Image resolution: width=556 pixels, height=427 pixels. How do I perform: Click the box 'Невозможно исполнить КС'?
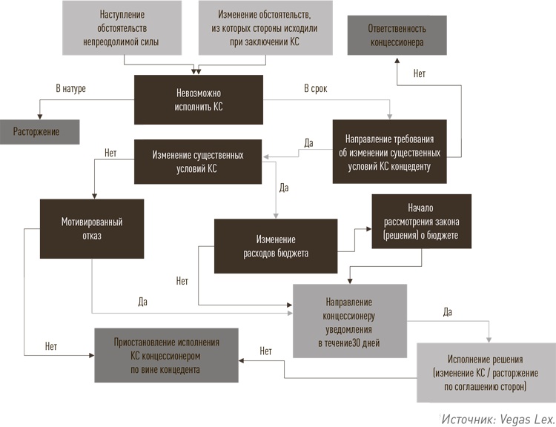[198, 99]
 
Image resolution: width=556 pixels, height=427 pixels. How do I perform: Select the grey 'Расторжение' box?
[36, 131]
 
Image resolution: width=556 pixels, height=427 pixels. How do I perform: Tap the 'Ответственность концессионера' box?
[397, 35]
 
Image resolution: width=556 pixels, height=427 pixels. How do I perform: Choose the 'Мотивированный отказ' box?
[92, 228]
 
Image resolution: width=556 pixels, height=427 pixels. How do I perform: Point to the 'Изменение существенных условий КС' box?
[198, 162]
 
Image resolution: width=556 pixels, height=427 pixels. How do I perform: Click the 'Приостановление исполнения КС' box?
[166, 354]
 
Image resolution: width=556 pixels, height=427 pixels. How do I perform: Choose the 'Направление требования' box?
[390, 152]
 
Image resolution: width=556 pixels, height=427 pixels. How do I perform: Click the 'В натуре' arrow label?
[71, 89]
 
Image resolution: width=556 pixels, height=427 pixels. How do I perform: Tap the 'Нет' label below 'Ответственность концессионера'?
[420, 74]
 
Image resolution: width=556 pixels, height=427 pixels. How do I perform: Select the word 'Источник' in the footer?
[466, 418]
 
